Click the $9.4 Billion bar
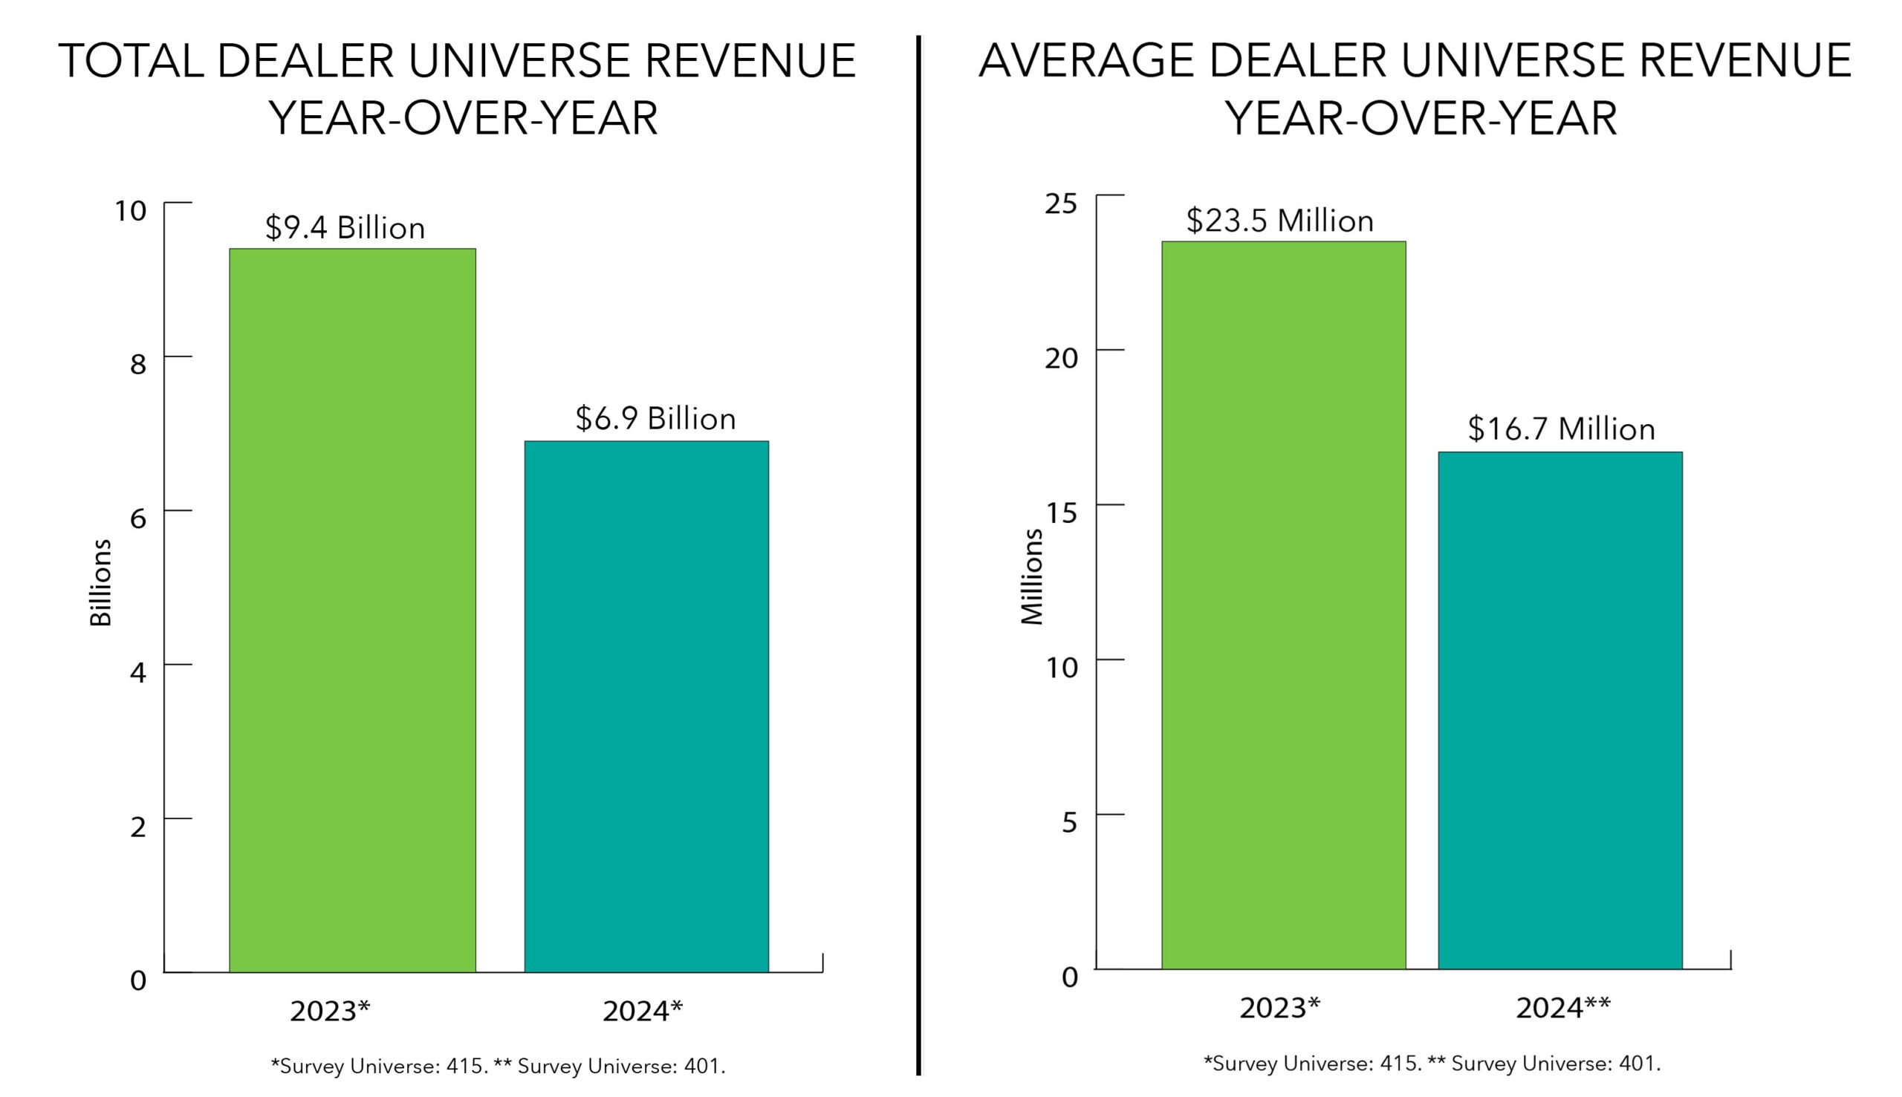click(x=352, y=611)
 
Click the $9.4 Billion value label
click(x=345, y=227)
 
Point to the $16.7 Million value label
click(x=1561, y=429)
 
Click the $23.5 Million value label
click(x=1279, y=221)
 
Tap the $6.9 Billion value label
click(x=655, y=419)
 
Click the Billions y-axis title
click(x=100, y=582)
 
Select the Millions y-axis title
click(x=1031, y=576)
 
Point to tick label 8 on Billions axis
click(x=137, y=365)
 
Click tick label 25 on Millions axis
click(x=1060, y=204)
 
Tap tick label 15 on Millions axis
click(x=1060, y=513)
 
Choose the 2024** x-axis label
click(x=1562, y=1007)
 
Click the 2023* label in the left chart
click(x=330, y=1011)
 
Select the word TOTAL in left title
click(x=131, y=61)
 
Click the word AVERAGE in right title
click(x=1086, y=61)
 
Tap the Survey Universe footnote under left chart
click(x=497, y=1066)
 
